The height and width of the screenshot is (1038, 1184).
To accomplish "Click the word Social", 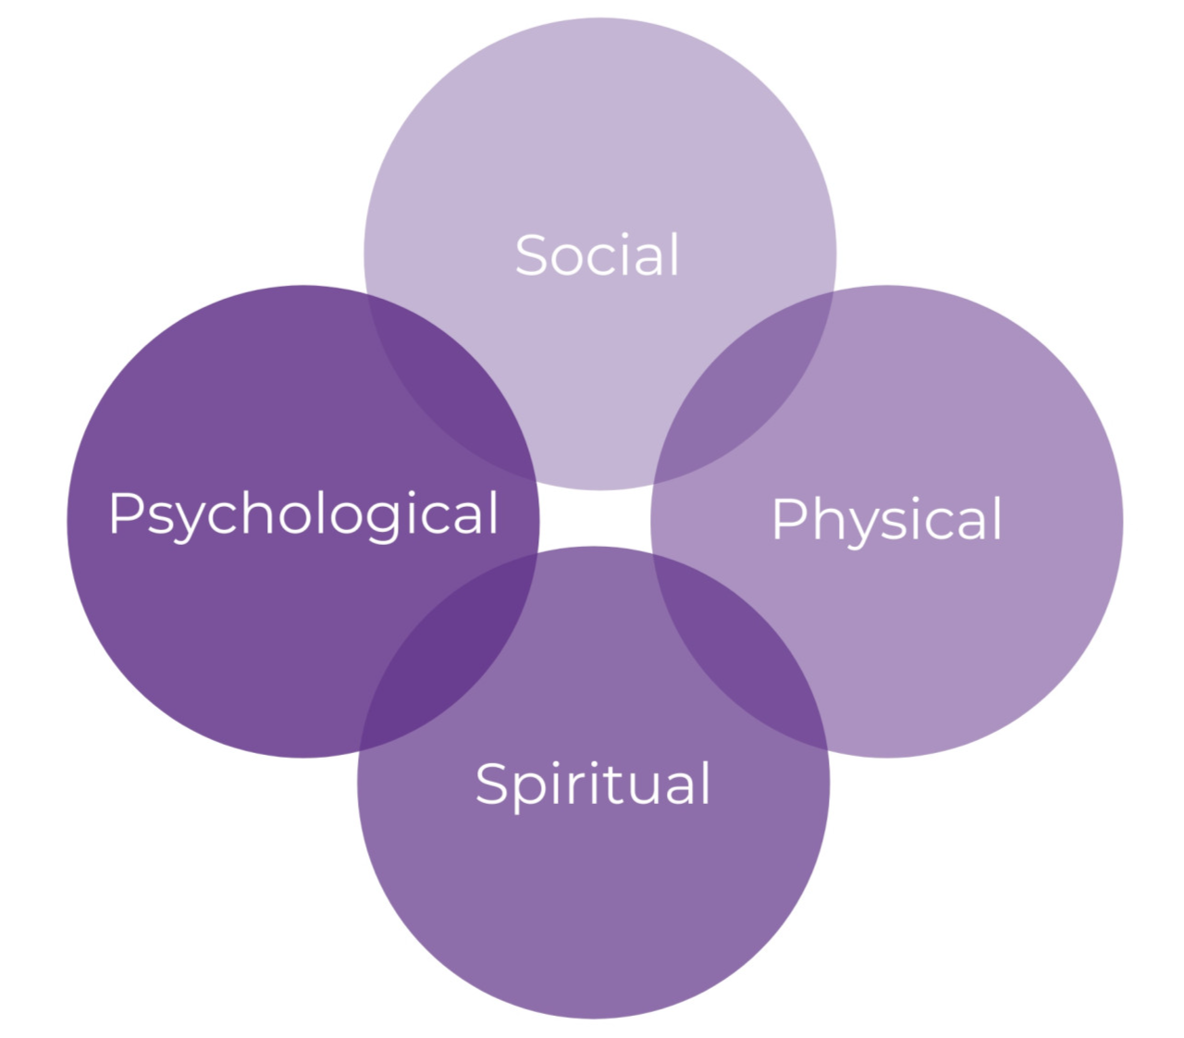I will point(598,255).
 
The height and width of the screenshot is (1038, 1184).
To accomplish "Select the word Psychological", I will point(303,513).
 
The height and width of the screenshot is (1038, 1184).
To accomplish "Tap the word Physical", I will point(886,519).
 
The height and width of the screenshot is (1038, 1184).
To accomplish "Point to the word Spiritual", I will point(593,785).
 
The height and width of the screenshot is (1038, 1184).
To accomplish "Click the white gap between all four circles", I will point(595,518).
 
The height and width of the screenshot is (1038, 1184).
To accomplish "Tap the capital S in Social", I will point(532,255).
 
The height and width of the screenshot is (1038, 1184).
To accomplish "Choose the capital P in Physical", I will point(788,518).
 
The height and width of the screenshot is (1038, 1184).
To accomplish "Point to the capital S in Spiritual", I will point(492,784).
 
